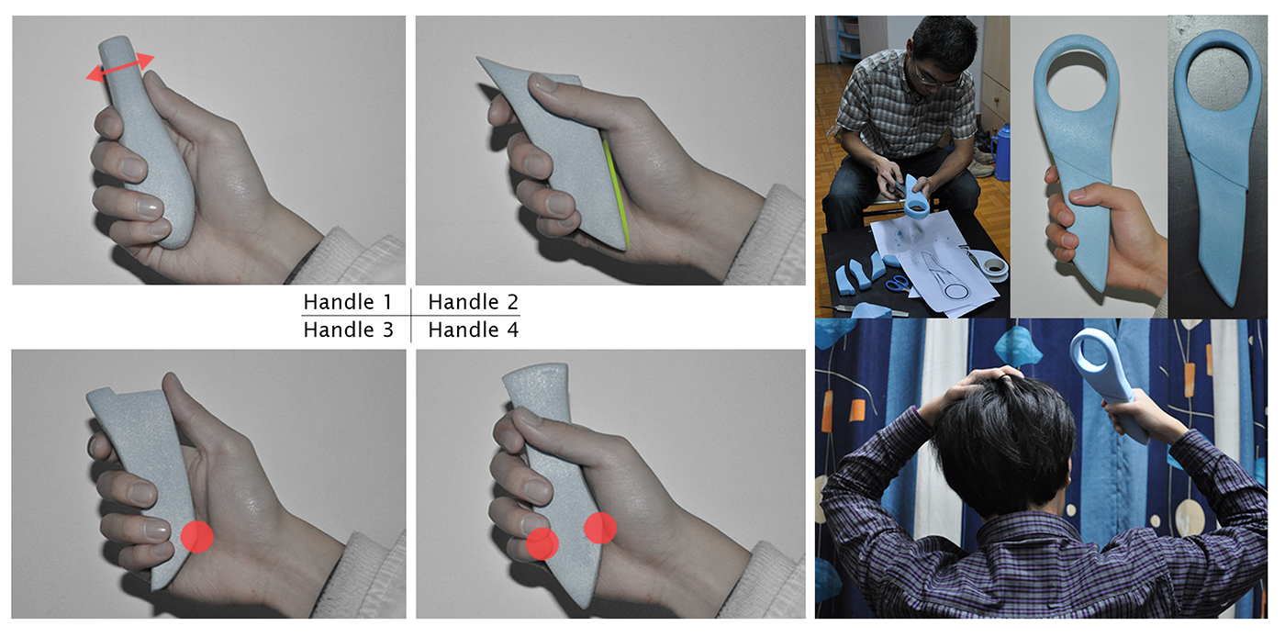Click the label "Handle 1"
coord(348,302)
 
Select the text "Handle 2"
coord(474,302)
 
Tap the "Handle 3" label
coord(348,330)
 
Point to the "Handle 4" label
coord(474,330)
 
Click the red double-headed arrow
coord(120,68)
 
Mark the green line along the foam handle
coord(616,195)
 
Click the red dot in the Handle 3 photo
coord(196,537)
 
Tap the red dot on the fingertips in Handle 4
coord(542,544)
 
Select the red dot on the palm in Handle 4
coord(600,528)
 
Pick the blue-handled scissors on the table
coord(898,283)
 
